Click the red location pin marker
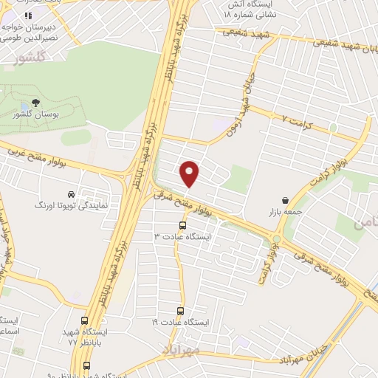tap(190, 173)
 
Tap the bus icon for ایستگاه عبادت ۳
tap(182, 225)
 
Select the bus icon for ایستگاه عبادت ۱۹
tap(181, 312)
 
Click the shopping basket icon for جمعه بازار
tap(285, 200)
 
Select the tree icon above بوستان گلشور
tap(36, 103)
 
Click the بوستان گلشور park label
tap(36, 115)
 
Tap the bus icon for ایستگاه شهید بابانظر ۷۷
tap(85, 321)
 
